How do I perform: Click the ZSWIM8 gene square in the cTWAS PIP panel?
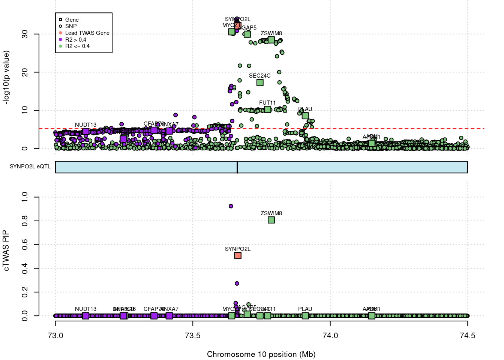(x=271, y=220)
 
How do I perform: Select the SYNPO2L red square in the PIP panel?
(x=237, y=256)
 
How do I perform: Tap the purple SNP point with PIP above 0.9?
(x=231, y=206)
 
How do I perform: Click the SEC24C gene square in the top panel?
(x=260, y=82)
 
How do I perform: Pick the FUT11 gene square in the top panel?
(x=267, y=109)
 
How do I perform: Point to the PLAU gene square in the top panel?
(x=305, y=116)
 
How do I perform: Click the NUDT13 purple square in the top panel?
(x=85, y=131)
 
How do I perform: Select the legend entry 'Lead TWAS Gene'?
(x=87, y=33)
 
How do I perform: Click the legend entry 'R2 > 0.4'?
(x=75, y=40)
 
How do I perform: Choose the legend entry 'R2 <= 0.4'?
(x=77, y=46)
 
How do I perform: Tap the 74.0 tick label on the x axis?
(x=330, y=336)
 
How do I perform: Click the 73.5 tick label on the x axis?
(x=193, y=336)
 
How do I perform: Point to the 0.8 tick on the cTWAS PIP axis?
(x=25, y=221)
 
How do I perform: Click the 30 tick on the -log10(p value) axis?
(x=25, y=34)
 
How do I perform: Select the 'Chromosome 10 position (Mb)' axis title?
(x=261, y=354)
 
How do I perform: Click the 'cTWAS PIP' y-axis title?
(x=6, y=250)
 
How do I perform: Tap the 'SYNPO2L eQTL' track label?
(x=30, y=166)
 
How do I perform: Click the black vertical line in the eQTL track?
(x=237, y=167)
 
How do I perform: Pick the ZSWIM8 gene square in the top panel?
(x=271, y=40)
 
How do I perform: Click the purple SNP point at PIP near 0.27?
(x=237, y=283)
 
